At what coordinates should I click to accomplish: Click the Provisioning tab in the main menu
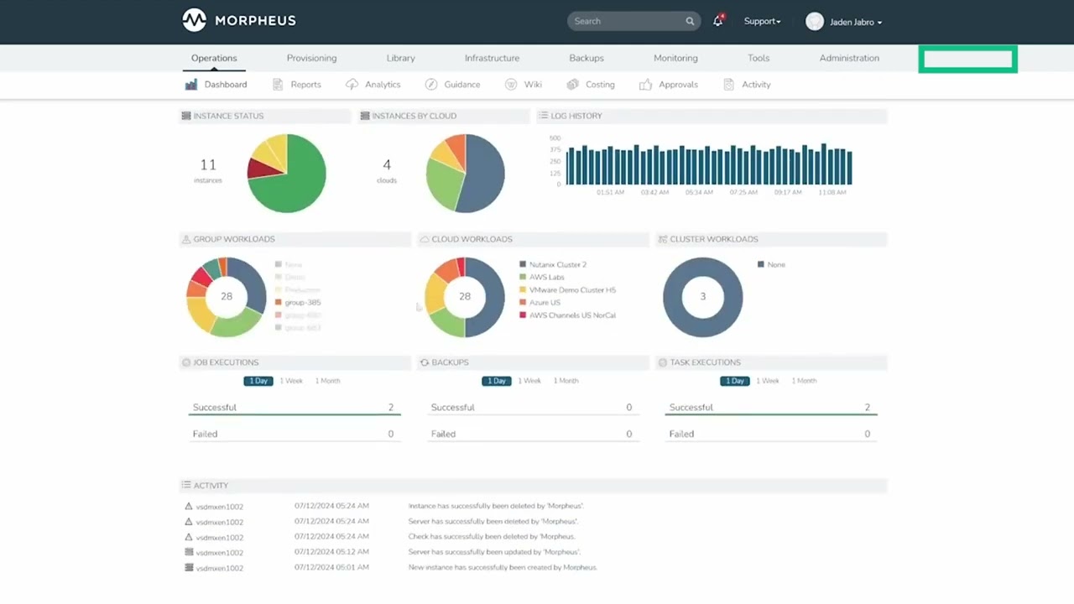[311, 58]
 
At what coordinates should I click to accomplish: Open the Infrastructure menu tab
[492, 58]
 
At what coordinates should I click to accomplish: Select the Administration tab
[849, 58]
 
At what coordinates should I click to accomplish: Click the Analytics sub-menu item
[382, 85]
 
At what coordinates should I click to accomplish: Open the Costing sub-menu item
[599, 85]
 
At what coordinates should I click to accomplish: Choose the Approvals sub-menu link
[677, 85]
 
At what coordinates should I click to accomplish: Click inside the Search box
[625, 21]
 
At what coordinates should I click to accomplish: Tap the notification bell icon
[717, 22]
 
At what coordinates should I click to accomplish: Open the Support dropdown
[762, 21]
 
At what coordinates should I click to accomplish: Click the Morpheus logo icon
[194, 20]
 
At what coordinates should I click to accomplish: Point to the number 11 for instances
[208, 164]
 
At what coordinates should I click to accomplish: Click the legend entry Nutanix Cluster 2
[557, 264]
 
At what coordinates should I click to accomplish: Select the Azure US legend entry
[545, 302]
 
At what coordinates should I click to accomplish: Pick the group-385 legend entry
[302, 302]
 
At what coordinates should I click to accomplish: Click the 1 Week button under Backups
[529, 381]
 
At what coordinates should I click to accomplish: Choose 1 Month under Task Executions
[804, 381]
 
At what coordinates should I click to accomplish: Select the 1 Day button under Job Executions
[258, 381]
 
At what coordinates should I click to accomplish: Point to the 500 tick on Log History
[555, 138]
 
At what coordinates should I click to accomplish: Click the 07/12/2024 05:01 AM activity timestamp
[331, 567]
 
